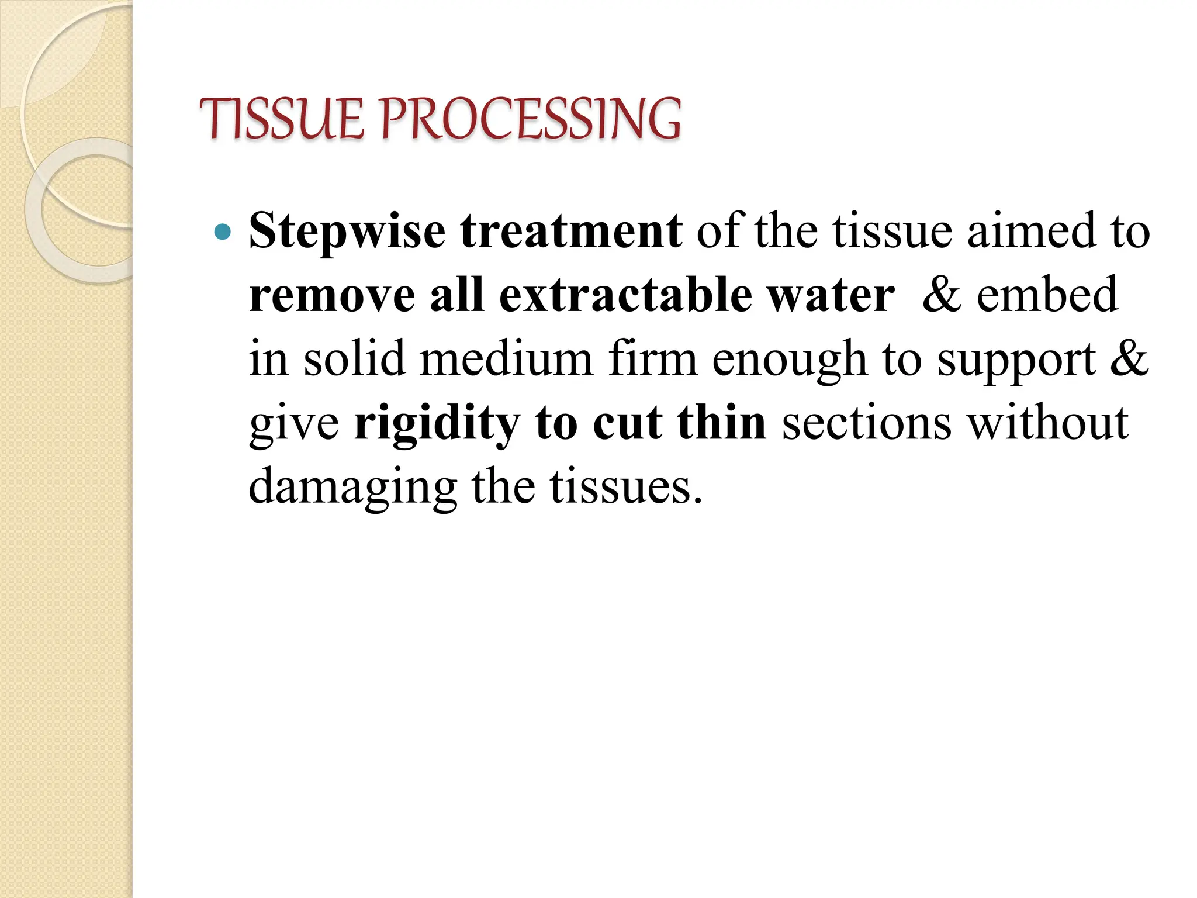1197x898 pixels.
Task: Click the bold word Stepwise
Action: [x=347, y=232]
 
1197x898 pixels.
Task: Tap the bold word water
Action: [x=830, y=295]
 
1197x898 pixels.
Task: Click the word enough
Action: [x=789, y=360]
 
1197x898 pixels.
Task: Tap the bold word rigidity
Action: [x=437, y=423]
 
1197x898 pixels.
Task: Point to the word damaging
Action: [x=352, y=488]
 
